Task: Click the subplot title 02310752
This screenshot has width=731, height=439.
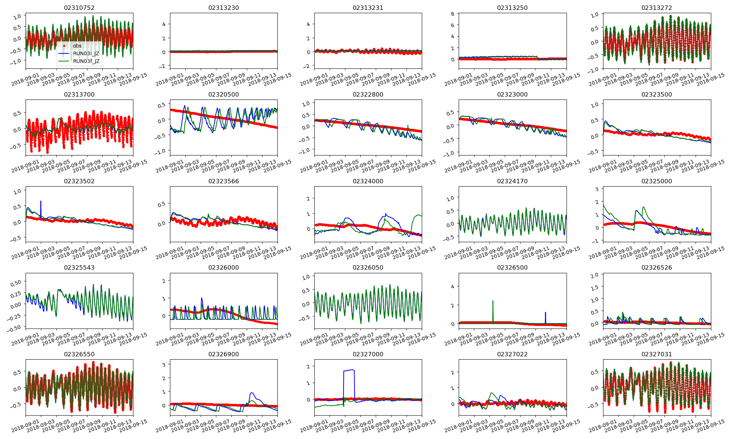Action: coord(79,8)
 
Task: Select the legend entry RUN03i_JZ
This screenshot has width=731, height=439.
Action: coord(86,53)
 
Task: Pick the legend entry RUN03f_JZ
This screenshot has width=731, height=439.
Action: coord(86,61)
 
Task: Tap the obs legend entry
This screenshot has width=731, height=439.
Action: coord(77,46)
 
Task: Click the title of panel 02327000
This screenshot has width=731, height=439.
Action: coord(368,354)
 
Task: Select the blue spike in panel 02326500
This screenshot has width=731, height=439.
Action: coord(545,313)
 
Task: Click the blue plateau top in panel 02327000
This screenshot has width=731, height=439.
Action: coord(349,370)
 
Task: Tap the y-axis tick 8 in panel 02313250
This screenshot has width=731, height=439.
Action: coord(452,14)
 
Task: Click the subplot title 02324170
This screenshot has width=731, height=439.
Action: coord(512,181)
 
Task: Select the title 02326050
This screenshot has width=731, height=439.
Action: coord(368,267)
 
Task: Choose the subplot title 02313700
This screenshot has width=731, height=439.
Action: coord(79,94)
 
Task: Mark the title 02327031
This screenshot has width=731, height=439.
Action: coord(656,354)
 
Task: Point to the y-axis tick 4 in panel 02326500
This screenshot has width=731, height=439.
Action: coord(452,286)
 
